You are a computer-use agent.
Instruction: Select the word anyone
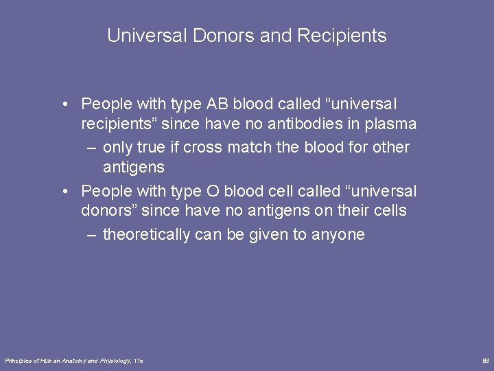[x=338, y=234]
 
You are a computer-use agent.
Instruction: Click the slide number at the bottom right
[x=486, y=361]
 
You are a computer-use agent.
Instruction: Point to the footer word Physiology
[x=115, y=361]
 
